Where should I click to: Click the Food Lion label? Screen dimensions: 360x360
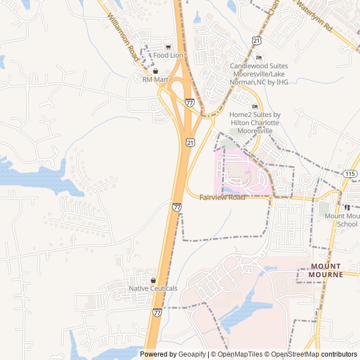click(168, 56)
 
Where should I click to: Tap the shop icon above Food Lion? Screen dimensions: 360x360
click(168, 47)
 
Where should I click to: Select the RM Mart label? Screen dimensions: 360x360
click(155, 80)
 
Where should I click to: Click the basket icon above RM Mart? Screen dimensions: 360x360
click(155, 71)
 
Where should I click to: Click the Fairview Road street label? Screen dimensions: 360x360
click(222, 198)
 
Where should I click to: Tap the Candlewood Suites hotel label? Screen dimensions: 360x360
click(259, 74)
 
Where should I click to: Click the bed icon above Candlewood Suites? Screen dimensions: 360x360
click(259, 58)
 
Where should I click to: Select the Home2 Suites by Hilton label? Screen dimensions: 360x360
click(255, 123)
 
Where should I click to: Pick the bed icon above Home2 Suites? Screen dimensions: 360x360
click(255, 107)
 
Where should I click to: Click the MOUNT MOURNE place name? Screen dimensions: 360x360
click(325, 271)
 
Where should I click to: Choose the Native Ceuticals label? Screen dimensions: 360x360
click(153, 289)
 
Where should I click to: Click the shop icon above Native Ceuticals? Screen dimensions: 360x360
click(153, 280)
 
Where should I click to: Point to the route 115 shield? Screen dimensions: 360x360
click(350, 174)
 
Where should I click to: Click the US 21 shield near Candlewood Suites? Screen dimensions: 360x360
click(257, 40)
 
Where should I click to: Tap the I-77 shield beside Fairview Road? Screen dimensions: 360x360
click(177, 207)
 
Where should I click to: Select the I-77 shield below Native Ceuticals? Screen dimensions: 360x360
click(157, 312)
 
